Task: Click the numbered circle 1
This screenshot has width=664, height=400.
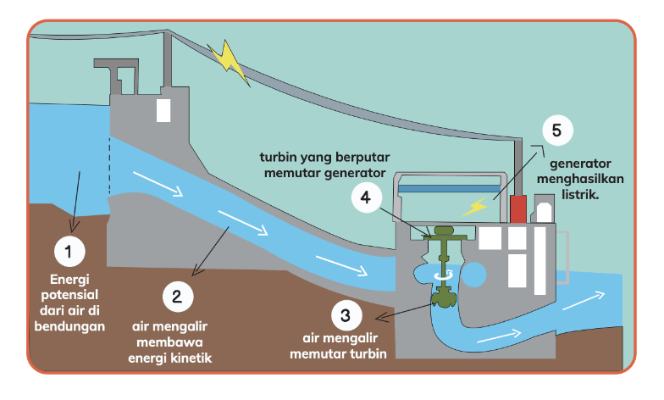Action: (x=69, y=251)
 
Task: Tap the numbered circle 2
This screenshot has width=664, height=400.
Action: (x=178, y=297)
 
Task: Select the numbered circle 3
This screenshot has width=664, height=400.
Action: (x=346, y=315)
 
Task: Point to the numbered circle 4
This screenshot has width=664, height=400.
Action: (x=367, y=197)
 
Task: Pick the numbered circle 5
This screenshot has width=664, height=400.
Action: (x=557, y=131)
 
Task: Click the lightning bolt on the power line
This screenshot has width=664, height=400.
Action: (x=229, y=63)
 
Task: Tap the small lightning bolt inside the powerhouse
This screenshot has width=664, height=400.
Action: (x=474, y=207)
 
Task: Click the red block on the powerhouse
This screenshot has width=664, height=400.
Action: (x=518, y=208)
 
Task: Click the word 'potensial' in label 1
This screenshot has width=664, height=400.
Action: (x=69, y=295)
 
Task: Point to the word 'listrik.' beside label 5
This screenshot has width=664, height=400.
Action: (x=580, y=195)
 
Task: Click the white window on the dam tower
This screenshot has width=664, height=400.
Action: (x=163, y=110)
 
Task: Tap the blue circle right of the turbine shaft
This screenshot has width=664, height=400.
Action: (x=474, y=275)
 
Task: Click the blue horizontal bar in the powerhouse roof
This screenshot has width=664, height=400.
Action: (x=449, y=189)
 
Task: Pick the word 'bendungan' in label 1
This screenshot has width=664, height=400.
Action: (x=69, y=326)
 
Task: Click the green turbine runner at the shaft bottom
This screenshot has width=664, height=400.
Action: (x=444, y=297)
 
